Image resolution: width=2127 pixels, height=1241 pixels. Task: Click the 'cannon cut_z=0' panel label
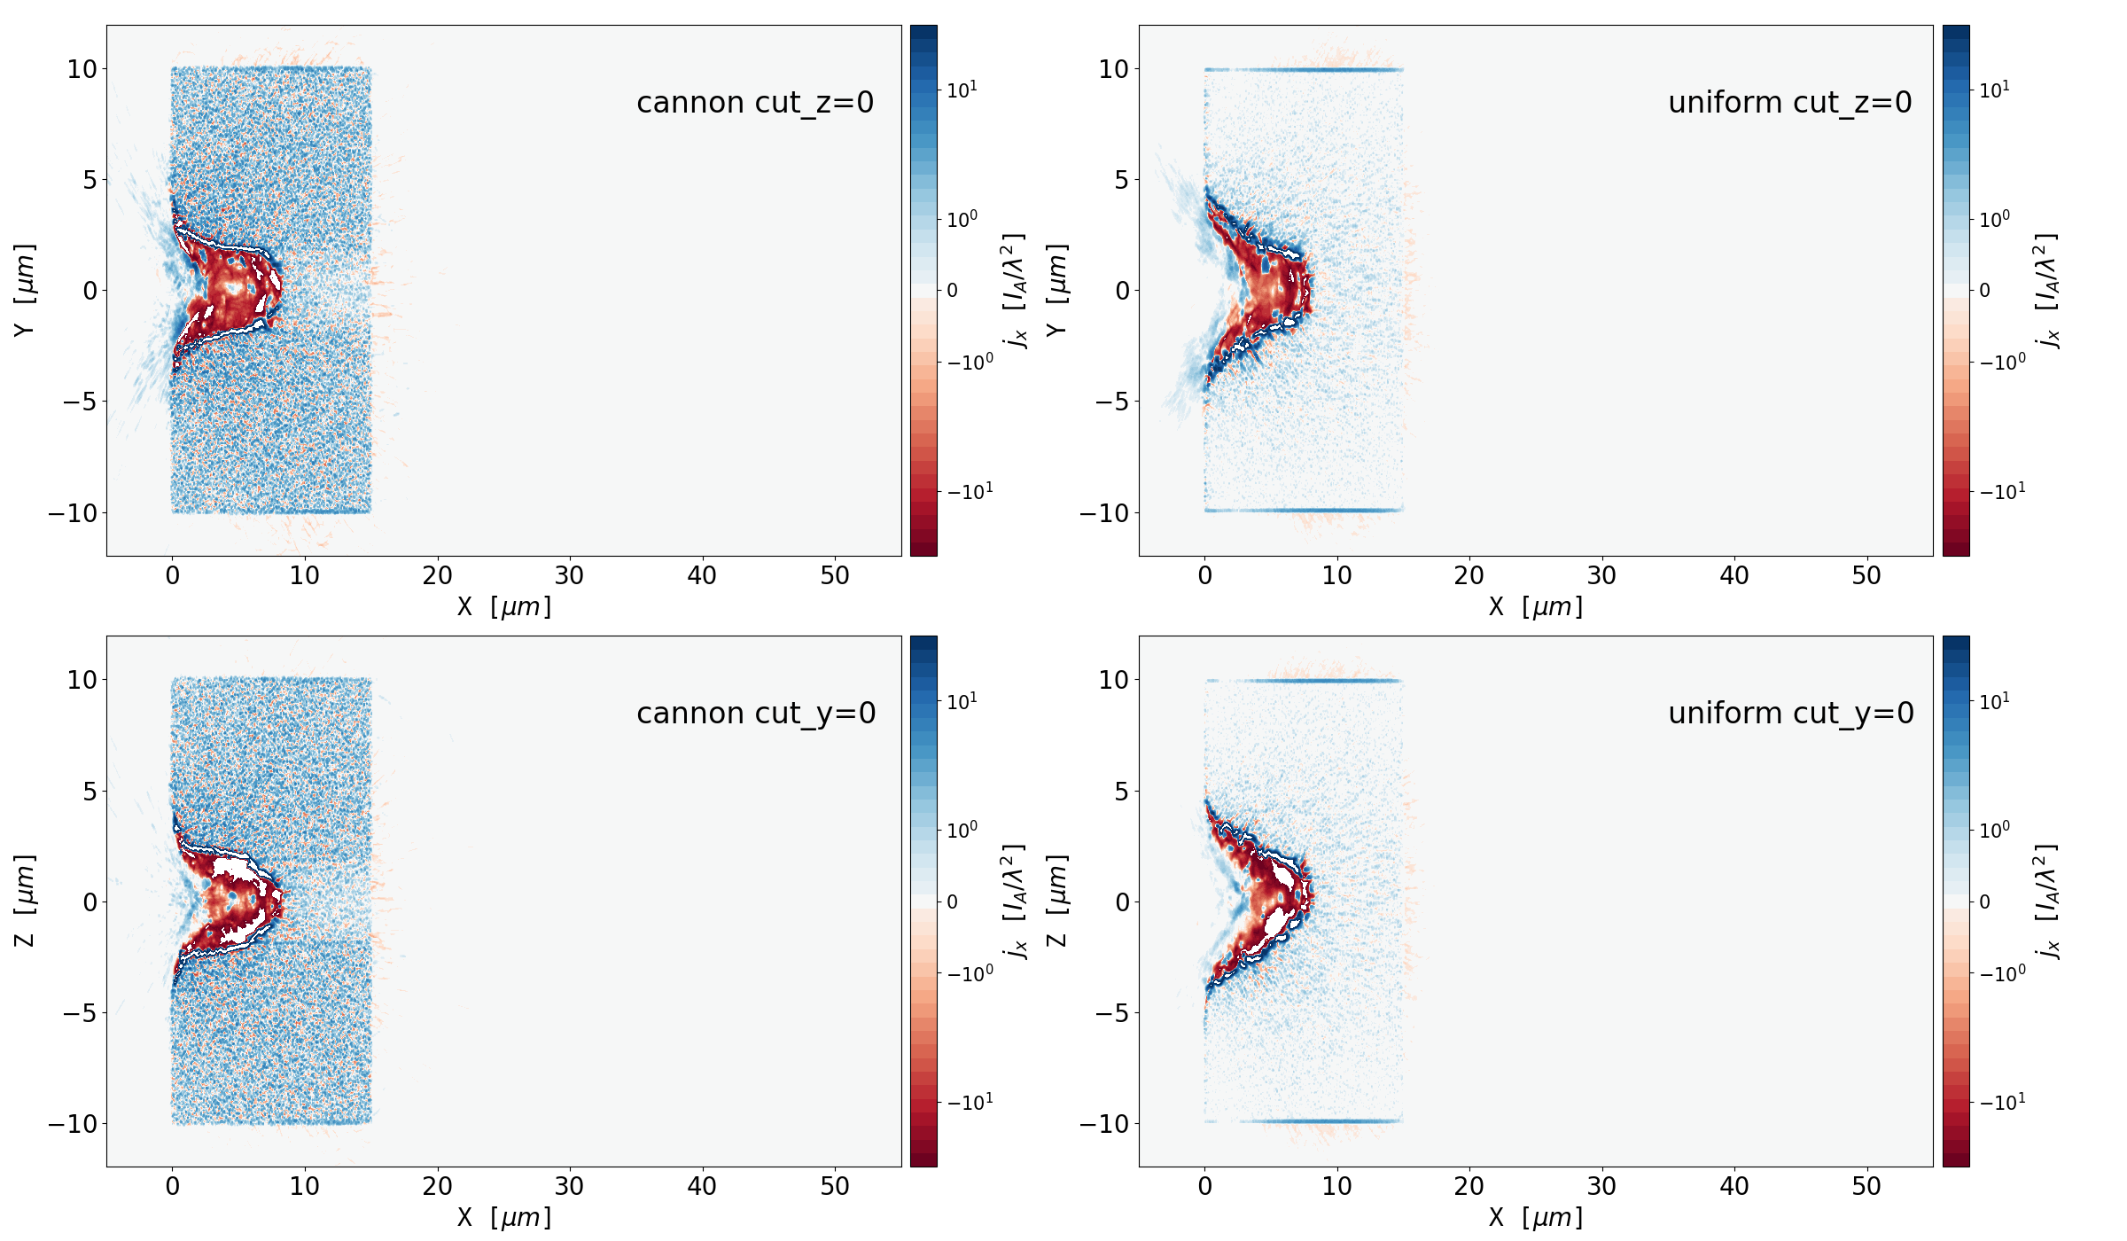(x=755, y=103)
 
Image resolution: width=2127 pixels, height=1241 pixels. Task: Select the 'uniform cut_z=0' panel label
(x=1789, y=103)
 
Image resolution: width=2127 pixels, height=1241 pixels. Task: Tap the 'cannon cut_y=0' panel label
(x=756, y=714)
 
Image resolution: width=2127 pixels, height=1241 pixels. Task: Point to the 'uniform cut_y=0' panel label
(x=1790, y=714)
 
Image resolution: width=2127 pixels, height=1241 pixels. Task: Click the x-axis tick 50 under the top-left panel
(x=834, y=576)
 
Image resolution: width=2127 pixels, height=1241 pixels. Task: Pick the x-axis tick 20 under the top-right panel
(x=1469, y=576)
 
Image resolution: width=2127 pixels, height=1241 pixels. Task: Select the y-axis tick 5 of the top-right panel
(x=1122, y=180)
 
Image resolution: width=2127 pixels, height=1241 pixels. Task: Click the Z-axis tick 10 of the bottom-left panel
(x=82, y=680)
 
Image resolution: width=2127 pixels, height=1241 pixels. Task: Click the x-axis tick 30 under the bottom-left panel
(x=569, y=1187)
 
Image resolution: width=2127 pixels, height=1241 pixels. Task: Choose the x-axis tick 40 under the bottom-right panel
(x=1734, y=1187)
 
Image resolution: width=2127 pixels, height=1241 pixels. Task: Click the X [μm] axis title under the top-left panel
(x=503, y=607)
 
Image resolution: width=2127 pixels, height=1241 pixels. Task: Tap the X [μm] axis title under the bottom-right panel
(x=1535, y=1218)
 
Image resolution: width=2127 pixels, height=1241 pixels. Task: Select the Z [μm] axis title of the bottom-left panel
(x=25, y=901)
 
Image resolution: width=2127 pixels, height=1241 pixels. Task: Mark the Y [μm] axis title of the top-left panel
(x=25, y=290)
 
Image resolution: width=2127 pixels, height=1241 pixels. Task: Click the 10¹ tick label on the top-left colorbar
(x=962, y=90)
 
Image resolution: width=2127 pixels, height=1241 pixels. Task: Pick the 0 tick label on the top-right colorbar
(x=1984, y=291)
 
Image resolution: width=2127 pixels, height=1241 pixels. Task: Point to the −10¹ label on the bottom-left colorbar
(x=970, y=1103)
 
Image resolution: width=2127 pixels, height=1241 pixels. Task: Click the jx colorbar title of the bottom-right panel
(x=2047, y=901)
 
